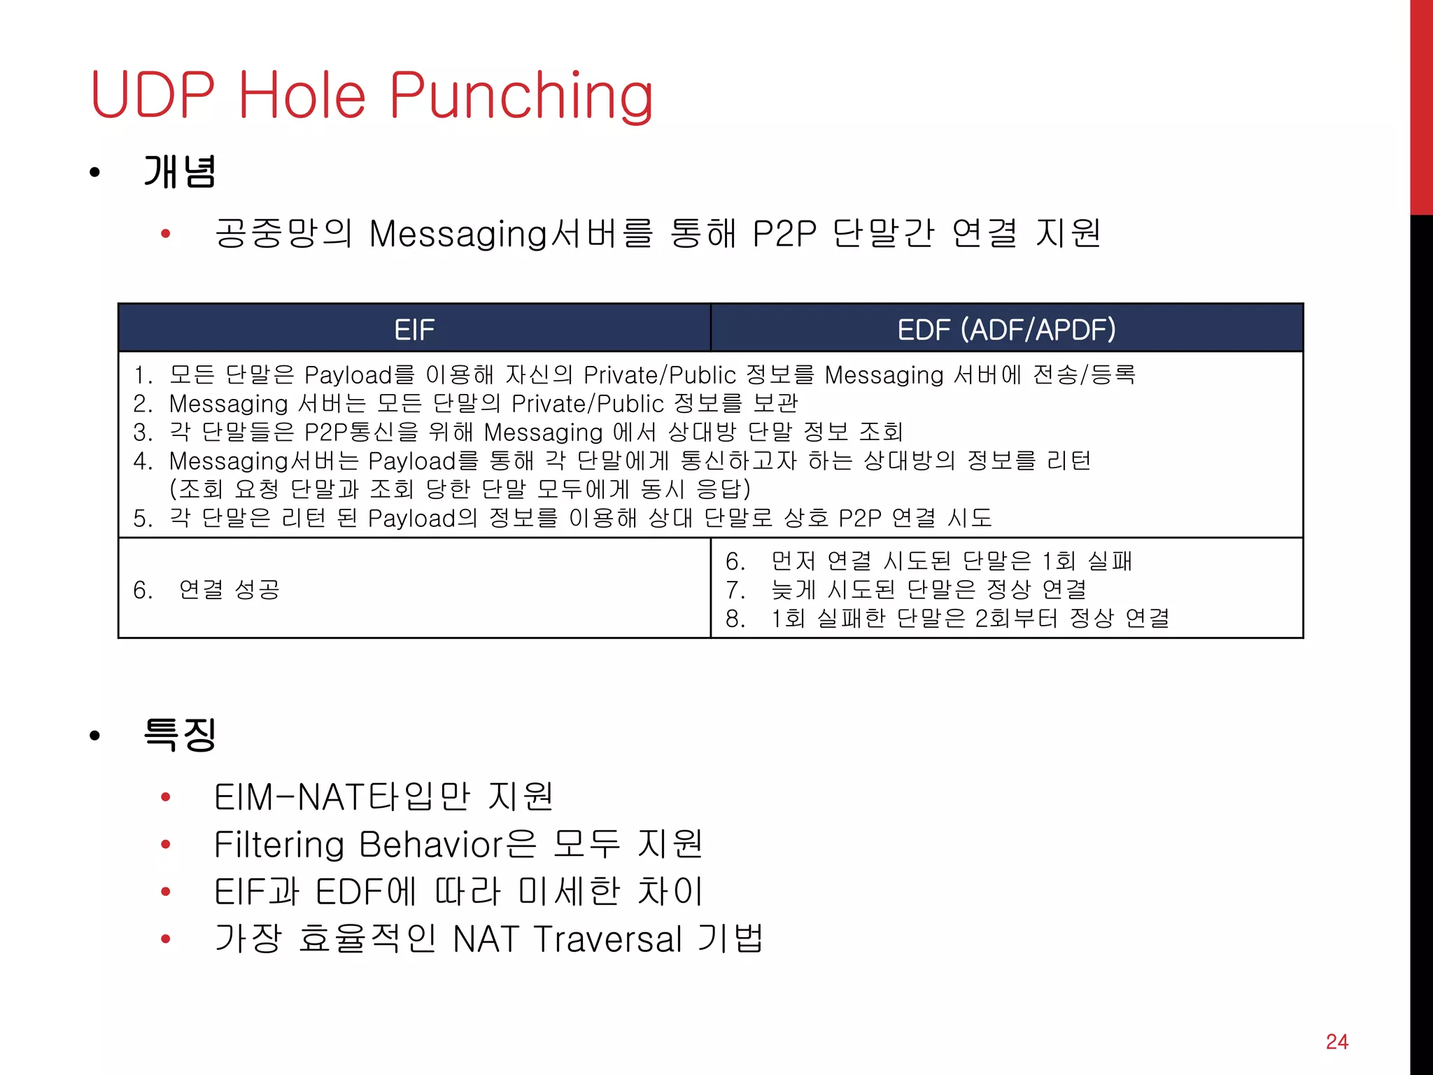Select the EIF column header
click(414, 329)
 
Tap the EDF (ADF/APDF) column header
click(1006, 329)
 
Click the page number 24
click(1336, 1041)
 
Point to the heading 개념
click(180, 172)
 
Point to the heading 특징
click(180, 735)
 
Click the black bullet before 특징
click(95, 736)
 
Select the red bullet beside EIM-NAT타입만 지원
click(166, 796)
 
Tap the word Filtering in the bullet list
click(278, 844)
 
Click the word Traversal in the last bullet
click(607, 939)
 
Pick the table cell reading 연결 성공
click(229, 589)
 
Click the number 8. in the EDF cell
click(735, 619)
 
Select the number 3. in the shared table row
click(143, 433)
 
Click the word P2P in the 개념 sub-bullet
click(784, 234)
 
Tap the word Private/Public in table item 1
click(660, 375)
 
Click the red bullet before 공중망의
click(166, 234)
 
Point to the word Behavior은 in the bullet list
click(448, 844)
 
